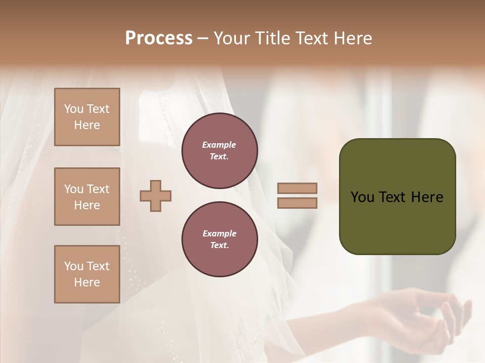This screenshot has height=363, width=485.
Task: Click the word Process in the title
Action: click(x=159, y=38)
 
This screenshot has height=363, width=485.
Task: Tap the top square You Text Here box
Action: click(x=87, y=117)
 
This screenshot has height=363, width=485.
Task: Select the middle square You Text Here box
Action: click(x=87, y=197)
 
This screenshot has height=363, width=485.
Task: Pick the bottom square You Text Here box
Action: click(x=87, y=274)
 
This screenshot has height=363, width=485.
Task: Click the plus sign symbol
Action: click(x=156, y=196)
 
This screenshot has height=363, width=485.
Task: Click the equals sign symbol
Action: click(x=297, y=196)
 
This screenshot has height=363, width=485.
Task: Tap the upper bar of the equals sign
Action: click(x=297, y=188)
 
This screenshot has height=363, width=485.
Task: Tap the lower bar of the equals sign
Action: click(x=297, y=203)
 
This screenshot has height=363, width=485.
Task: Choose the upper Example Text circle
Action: click(x=220, y=151)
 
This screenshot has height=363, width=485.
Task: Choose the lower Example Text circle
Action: click(x=220, y=239)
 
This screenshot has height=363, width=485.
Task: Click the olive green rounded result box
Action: click(x=397, y=197)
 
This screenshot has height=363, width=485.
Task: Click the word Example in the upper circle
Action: click(x=219, y=145)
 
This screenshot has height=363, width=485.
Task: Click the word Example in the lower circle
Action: click(x=219, y=233)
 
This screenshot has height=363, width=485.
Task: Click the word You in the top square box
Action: click(x=73, y=109)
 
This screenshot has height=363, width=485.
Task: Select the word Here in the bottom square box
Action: click(x=87, y=282)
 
